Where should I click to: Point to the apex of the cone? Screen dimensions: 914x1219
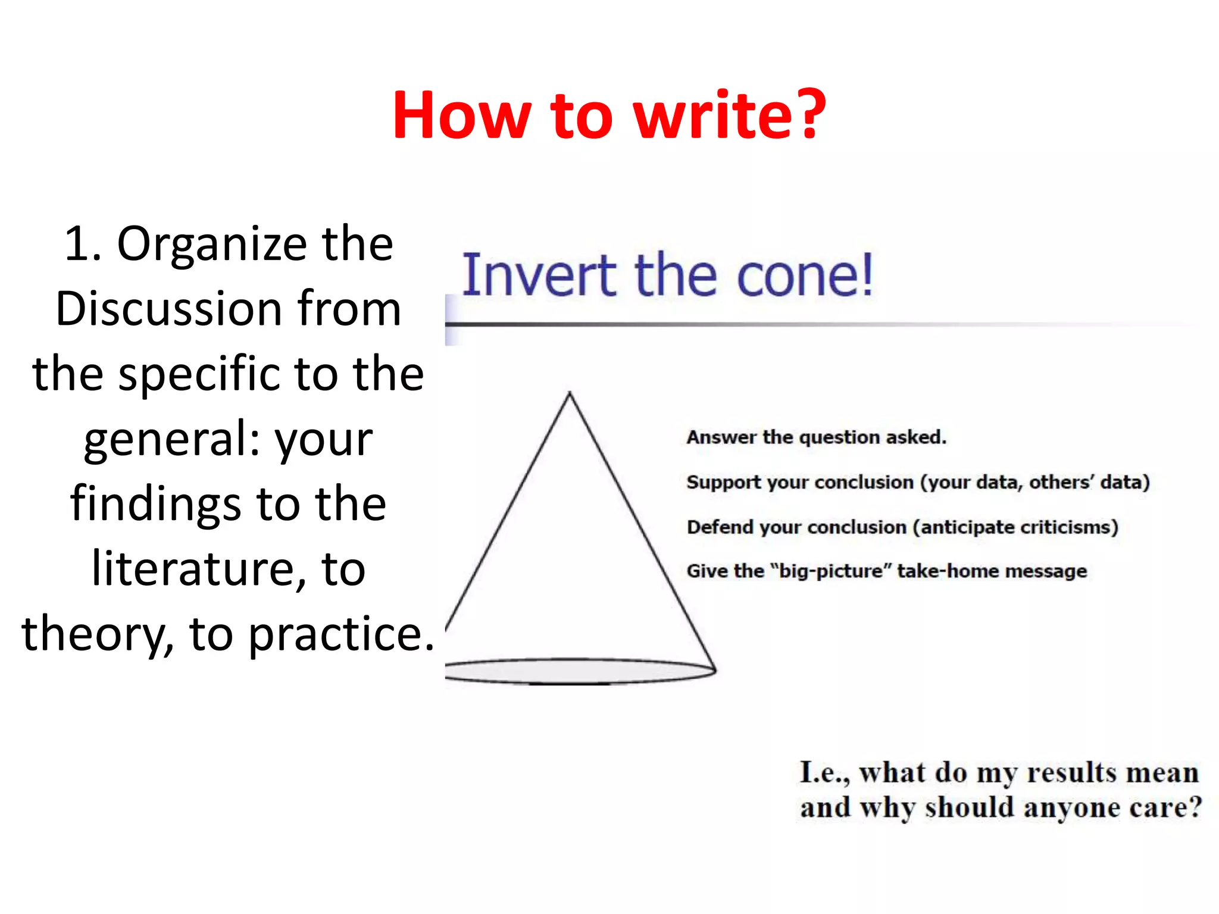tap(570, 393)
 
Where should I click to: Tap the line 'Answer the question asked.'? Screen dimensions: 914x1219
tap(816, 437)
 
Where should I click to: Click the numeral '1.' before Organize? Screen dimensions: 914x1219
tap(83, 244)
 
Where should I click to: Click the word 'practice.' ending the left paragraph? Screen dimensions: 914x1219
tap(341, 634)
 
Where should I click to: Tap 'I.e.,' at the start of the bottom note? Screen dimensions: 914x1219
tap(824, 773)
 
